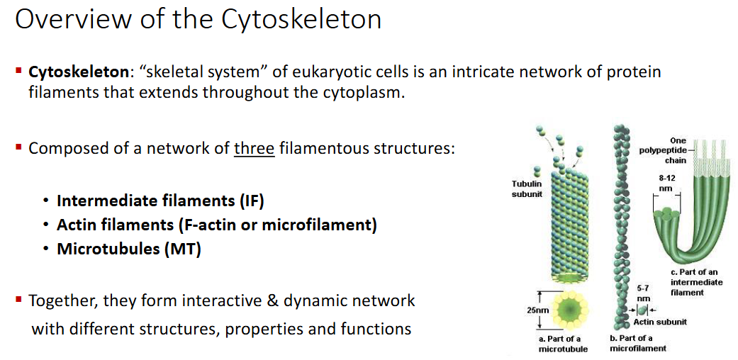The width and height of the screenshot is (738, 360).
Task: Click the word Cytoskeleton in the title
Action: click(x=301, y=19)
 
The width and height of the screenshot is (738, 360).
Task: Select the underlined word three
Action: click(x=254, y=149)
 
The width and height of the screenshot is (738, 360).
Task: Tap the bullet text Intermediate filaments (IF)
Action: click(x=160, y=201)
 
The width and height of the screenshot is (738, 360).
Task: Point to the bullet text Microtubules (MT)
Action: click(x=129, y=249)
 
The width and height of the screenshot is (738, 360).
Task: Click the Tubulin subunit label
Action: click(x=527, y=189)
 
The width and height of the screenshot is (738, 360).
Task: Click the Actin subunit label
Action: click(x=660, y=322)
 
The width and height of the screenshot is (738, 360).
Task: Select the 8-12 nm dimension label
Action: click(x=666, y=184)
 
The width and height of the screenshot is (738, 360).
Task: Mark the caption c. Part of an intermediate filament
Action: click(x=696, y=282)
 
